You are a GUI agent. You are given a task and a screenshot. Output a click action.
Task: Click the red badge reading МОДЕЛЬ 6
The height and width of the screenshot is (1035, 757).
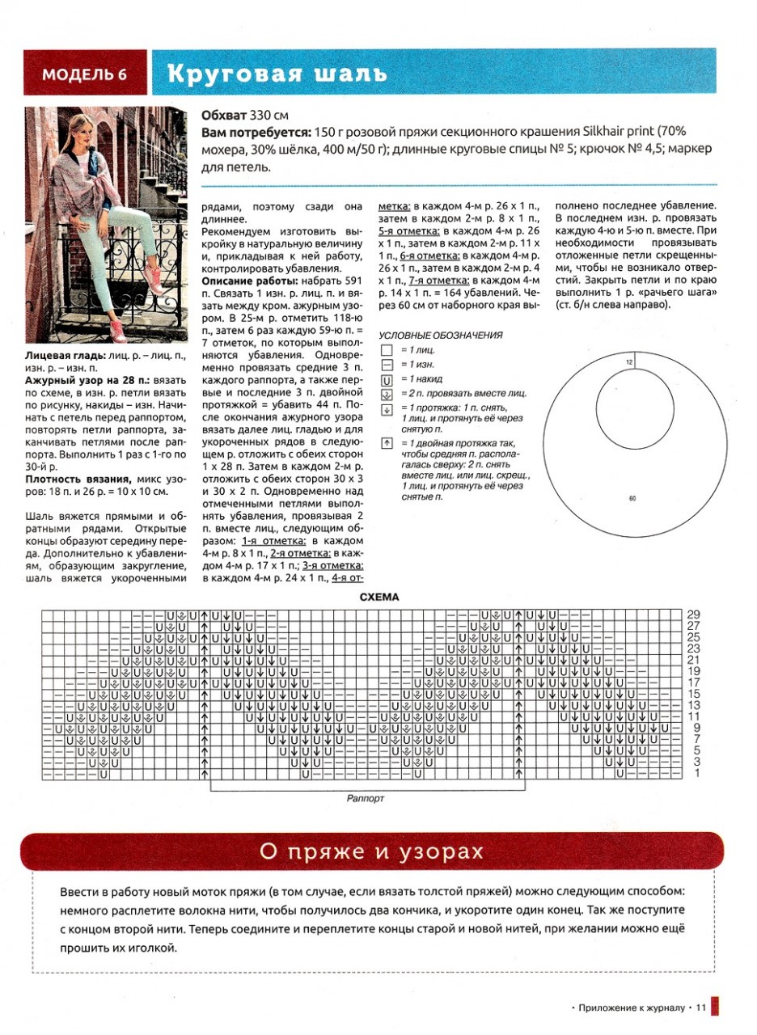click(85, 74)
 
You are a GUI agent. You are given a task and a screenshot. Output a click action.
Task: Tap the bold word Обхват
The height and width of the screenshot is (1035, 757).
click(230, 115)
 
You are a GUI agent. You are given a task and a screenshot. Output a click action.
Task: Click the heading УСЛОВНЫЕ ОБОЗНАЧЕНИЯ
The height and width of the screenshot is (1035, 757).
click(441, 336)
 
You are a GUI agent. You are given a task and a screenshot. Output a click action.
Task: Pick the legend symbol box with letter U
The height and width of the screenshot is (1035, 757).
click(386, 378)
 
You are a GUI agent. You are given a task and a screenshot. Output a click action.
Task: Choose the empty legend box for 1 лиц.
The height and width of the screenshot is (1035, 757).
click(386, 350)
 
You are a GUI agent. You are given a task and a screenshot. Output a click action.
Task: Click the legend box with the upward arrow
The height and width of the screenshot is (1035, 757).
click(386, 443)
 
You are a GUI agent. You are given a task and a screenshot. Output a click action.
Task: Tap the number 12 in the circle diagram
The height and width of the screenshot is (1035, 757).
click(628, 362)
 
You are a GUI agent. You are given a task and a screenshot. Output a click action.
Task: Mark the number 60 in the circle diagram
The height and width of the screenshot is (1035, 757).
click(632, 498)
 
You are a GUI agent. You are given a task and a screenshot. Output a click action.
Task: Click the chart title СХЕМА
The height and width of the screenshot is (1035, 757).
click(379, 598)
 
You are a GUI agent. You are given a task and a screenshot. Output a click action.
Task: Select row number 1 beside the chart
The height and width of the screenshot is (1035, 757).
click(696, 774)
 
